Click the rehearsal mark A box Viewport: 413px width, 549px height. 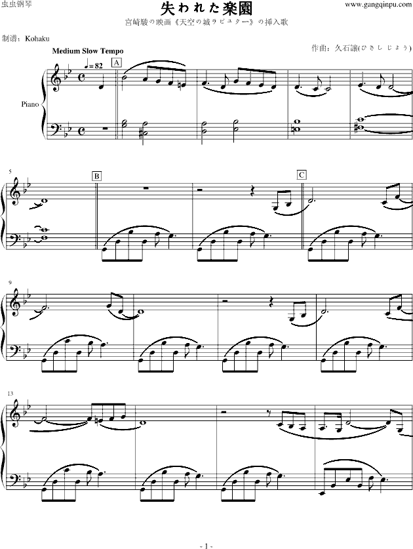tap(117, 63)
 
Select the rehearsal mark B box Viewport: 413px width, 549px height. tap(96, 176)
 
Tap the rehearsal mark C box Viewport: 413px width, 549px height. tap(302, 174)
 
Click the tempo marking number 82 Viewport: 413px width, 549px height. tap(99, 66)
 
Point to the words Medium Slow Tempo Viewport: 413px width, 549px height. tap(88, 51)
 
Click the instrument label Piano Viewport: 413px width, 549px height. tap(30, 104)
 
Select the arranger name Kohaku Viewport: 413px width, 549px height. tap(37, 39)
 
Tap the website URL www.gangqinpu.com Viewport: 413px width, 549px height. tap(378, 5)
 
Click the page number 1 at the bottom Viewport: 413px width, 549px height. tap(206, 546)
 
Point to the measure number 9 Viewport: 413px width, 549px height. tap(10, 283)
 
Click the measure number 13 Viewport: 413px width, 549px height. tap(11, 394)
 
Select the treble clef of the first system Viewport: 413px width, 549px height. tap(55, 79)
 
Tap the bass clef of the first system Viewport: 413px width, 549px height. tap(55, 127)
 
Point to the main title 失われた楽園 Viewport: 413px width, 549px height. tap(206, 9)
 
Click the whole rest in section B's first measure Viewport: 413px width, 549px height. tap(146, 188)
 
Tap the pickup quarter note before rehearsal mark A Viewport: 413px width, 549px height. tap(102, 84)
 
